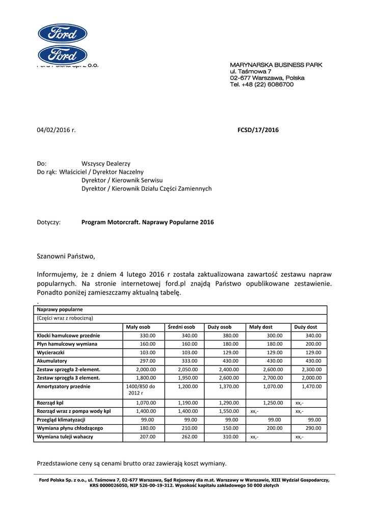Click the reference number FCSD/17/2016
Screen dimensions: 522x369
258,130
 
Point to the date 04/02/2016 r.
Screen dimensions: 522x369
56,130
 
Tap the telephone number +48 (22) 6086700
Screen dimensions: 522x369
269,85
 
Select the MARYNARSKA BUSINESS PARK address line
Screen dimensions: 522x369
276,65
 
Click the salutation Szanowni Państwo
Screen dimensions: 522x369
66,256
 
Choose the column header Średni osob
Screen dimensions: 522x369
181,327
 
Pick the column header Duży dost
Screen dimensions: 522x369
306,327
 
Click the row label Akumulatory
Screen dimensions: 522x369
52,361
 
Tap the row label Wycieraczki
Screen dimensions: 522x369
52,352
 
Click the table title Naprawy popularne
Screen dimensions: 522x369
60,309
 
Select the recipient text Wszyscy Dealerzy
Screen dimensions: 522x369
106,164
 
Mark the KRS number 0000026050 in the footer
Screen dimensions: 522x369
116,485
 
